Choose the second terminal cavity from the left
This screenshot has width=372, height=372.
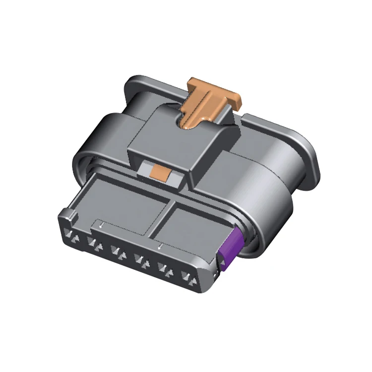coord(94,243)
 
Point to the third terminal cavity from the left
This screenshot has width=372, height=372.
coord(118,251)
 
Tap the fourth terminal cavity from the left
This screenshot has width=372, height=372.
coord(141,259)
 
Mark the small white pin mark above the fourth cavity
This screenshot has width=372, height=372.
coord(160,247)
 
